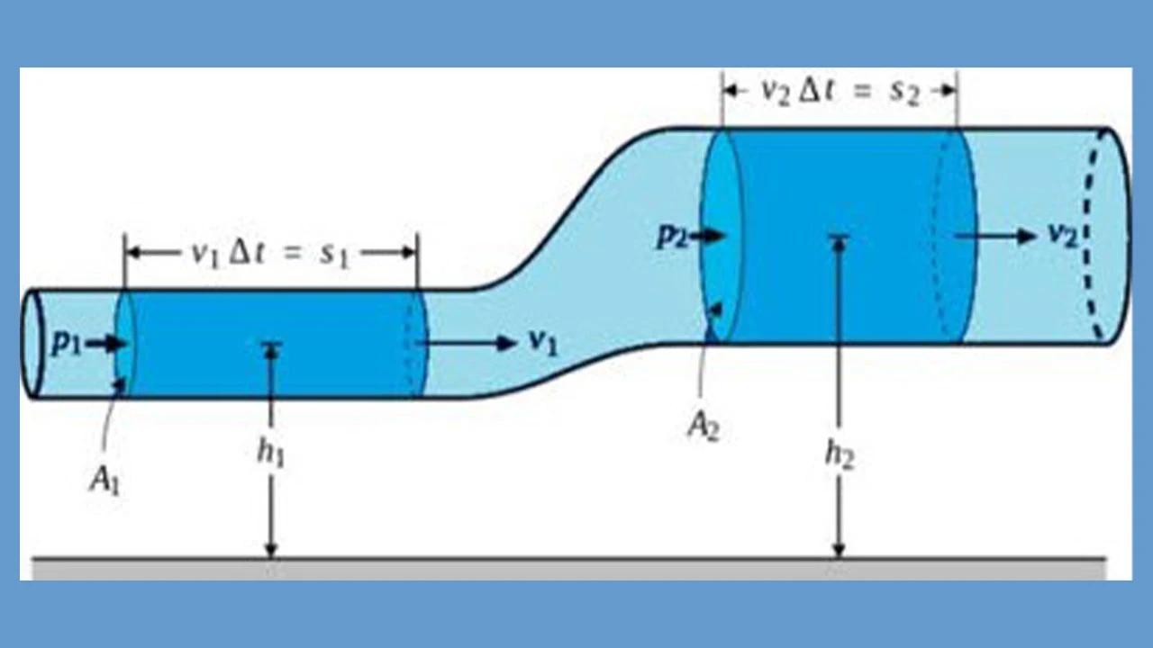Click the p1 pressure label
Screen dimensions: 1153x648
pyautogui.click(x=65, y=343)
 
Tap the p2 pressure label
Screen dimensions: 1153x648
pyautogui.click(x=670, y=236)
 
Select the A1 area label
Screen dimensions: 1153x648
pyautogui.click(x=104, y=480)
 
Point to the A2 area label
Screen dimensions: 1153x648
pyautogui.click(x=703, y=424)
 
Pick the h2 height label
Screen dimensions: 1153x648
pyautogui.click(x=839, y=455)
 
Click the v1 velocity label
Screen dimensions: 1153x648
pyautogui.click(x=540, y=342)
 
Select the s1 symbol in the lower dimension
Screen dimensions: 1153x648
pyautogui.click(x=334, y=255)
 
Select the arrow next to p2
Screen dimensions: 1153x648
pyautogui.click(x=711, y=236)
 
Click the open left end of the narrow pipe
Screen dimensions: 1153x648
pyautogui.click(x=32, y=343)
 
